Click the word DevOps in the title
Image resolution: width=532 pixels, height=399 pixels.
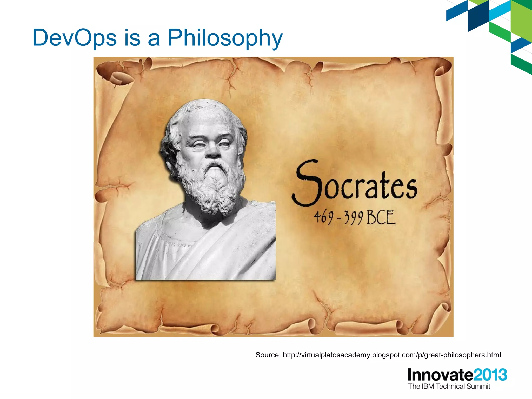75,38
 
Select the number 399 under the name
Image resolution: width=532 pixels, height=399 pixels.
354,218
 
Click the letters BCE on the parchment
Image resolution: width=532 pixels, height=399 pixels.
381,218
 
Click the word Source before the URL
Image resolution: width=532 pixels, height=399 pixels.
268,355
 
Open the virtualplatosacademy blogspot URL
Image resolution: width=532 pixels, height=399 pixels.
392,355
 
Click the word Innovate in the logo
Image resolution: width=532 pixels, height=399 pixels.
440,375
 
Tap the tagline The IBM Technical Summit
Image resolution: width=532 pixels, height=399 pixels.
449,387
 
